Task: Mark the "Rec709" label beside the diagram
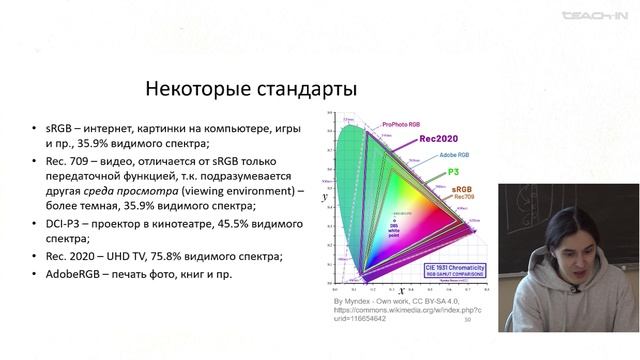[x=464, y=197]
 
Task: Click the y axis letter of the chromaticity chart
[x=324, y=199]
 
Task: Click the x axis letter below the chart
[x=402, y=291]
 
